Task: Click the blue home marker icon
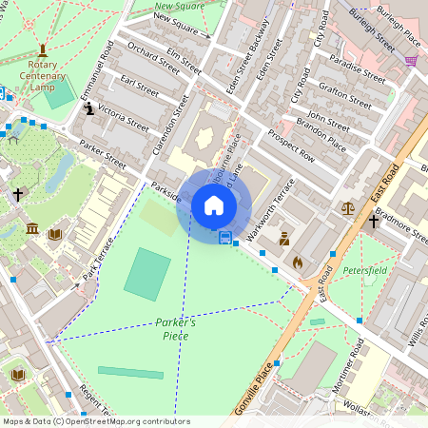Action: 214,205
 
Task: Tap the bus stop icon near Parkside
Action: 225,237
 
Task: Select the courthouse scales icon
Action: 347,207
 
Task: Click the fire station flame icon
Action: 297,261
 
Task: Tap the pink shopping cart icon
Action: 411,61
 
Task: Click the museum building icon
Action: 32,229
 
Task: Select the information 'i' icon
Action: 89,109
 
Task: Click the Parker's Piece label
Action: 176,329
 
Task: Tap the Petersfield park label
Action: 365,270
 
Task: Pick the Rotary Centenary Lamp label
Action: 42,81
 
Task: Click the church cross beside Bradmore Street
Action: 374,223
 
